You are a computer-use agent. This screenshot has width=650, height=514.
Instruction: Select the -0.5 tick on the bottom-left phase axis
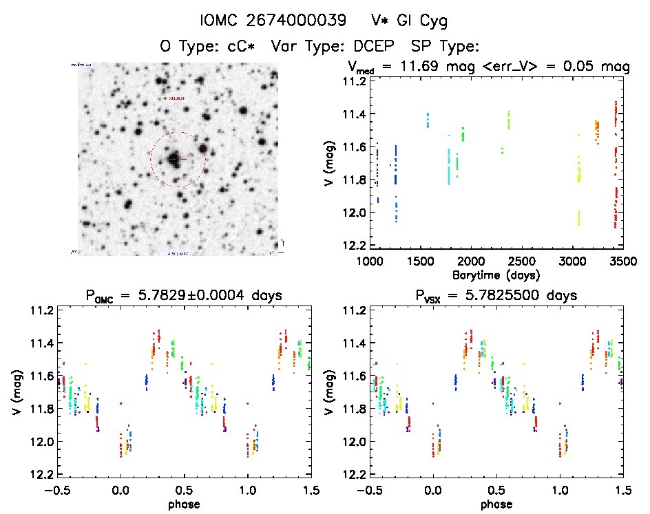[x=59, y=491]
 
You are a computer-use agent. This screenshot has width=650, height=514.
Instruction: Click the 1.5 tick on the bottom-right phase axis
[x=622, y=491]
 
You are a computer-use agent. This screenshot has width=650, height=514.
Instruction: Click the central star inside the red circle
[x=174, y=158]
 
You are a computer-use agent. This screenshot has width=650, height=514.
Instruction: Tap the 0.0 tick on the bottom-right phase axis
[x=433, y=491]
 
